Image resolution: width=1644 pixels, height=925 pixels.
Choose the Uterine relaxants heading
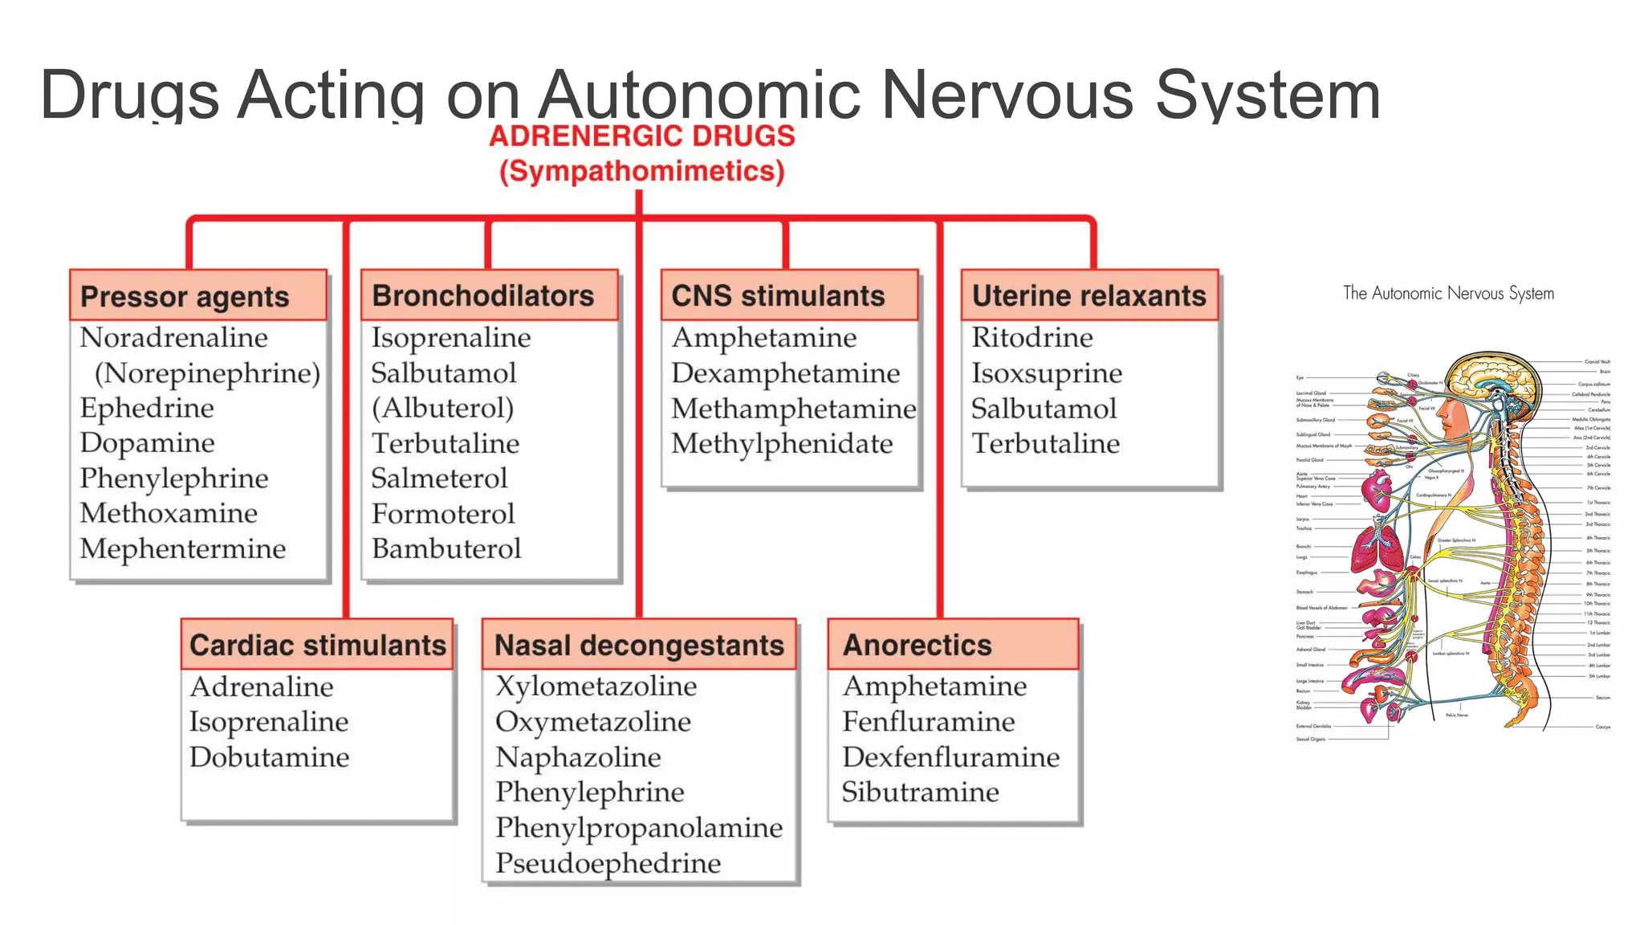coord(1089,295)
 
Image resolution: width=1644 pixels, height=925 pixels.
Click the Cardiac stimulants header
coord(318,645)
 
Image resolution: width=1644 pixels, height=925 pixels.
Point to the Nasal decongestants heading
coord(639,645)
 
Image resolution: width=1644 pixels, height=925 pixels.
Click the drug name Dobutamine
coord(270,757)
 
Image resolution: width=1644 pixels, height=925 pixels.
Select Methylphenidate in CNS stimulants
coord(782,444)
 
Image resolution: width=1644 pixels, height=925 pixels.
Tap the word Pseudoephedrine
coord(608,863)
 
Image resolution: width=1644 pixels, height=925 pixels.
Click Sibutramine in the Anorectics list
coord(920,793)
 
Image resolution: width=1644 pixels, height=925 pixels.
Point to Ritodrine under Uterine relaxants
coord(1032,338)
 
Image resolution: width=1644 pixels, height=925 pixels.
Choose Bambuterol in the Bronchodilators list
coord(446,549)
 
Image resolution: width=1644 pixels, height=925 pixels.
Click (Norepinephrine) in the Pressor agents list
coord(207,373)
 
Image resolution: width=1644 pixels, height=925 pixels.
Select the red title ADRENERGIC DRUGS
coord(642,136)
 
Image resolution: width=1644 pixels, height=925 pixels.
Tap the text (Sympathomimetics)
coord(642,171)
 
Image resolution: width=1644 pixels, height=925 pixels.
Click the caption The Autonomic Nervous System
coord(1448,293)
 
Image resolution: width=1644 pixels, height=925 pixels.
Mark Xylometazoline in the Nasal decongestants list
coord(596,687)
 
